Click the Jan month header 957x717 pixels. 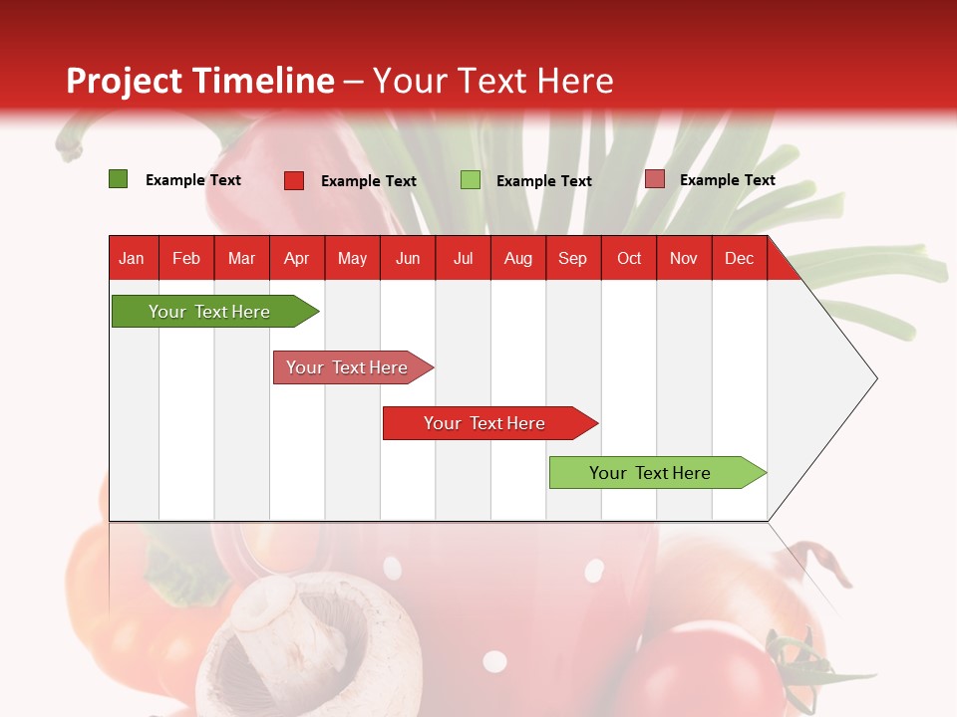[x=132, y=258]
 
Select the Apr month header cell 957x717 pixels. [x=296, y=258]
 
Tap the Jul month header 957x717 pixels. [x=463, y=258]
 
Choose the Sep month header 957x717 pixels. [x=572, y=258]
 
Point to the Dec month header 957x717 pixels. [x=739, y=258]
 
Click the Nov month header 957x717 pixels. [x=683, y=258]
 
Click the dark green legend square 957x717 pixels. [x=118, y=179]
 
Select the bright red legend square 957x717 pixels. [x=294, y=180]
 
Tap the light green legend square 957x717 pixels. [x=471, y=180]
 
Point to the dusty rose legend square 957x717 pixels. [x=654, y=179]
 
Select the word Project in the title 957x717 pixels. [x=125, y=81]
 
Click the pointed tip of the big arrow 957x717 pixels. [x=875, y=378]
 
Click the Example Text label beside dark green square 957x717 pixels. [x=193, y=180]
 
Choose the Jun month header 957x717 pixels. [x=407, y=258]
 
